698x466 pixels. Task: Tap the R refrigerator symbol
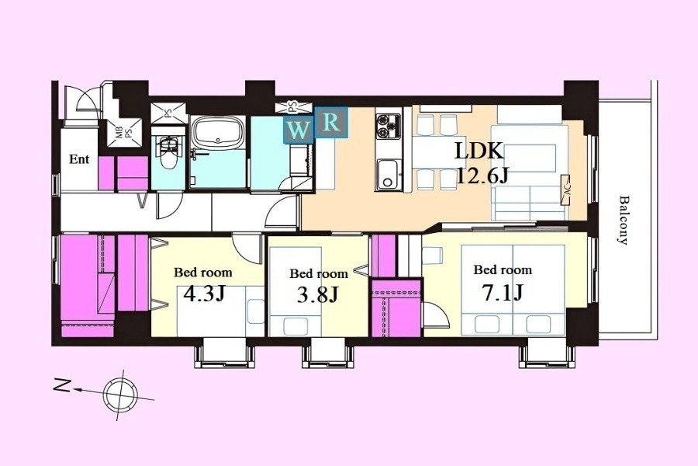coord(331,122)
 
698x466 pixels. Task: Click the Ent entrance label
coord(79,159)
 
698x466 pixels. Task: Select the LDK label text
coord(479,151)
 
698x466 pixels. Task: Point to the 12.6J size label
coord(482,176)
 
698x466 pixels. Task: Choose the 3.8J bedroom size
coord(318,294)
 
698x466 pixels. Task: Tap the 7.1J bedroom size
coord(502,293)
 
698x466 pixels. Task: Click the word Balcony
coord(624,221)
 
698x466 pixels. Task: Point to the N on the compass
coord(62,386)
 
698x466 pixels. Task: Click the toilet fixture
coord(168,151)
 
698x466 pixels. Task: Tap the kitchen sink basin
coord(388,174)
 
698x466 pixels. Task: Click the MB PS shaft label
coord(123,134)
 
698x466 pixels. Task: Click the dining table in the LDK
coord(430,151)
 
